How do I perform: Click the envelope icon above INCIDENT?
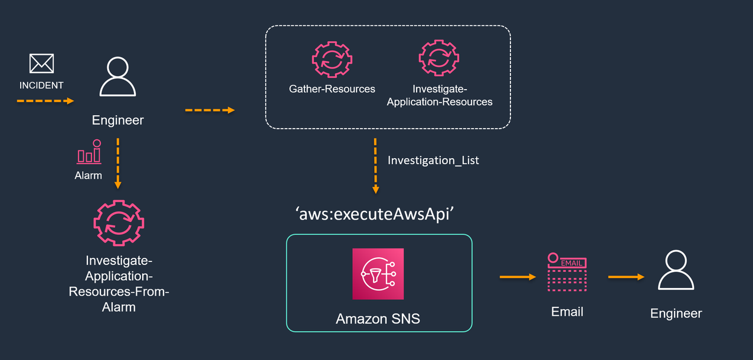41,64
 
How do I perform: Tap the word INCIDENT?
41,86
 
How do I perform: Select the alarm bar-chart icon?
89,152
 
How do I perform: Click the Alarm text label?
88,175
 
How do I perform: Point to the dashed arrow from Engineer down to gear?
118,163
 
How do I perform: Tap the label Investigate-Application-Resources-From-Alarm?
119,283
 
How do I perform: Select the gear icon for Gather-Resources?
332,58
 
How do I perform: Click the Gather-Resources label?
332,89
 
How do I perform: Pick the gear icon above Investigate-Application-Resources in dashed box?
439,58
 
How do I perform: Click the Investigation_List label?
433,160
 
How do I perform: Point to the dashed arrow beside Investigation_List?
375,165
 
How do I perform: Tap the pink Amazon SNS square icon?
378,274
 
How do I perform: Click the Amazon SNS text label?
378,319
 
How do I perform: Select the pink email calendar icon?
567,272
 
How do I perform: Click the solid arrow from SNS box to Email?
517,276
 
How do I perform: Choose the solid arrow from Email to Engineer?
626,276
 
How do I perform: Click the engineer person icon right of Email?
676,270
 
